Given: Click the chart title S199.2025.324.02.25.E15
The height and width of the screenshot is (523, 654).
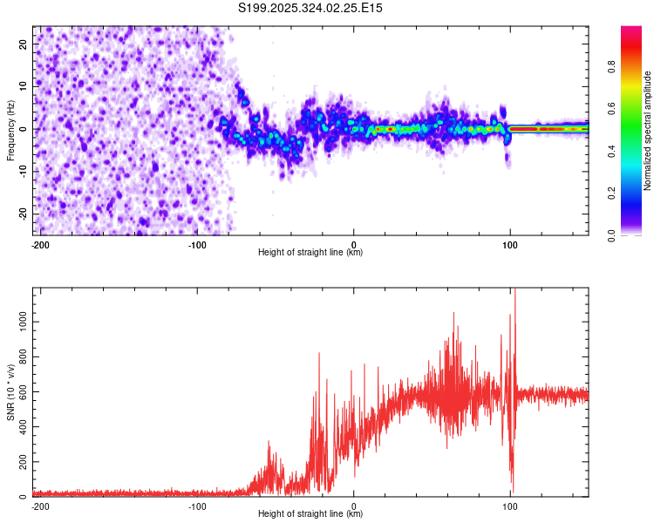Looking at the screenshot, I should [310, 8].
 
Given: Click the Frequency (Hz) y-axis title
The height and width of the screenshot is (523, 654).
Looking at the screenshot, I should [10, 130].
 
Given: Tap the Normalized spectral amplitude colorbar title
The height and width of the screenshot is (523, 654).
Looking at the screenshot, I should [647, 131].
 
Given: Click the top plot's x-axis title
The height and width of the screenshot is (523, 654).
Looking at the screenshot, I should [310, 252].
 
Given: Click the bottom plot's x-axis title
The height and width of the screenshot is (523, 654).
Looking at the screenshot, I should [310, 513].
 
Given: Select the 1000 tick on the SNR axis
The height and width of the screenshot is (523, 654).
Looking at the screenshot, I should [17, 322].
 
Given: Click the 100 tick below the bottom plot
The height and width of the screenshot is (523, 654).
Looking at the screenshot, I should [510, 506].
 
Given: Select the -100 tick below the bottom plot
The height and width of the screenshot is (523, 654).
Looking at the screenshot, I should [197, 506].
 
